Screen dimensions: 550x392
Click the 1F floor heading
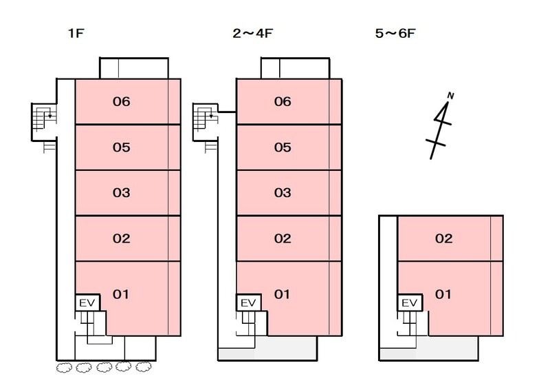click(x=76, y=33)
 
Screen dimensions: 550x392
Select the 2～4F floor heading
click(x=252, y=33)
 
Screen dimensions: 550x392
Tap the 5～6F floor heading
click(x=395, y=33)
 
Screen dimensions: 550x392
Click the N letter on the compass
click(x=451, y=96)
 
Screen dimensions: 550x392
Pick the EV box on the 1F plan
click(x=87, y=302)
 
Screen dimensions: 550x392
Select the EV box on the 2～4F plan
click(x=249, y=302)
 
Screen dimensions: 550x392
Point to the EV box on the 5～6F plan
click(x=409, y=302)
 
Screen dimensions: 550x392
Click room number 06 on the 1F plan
click(x=122, y=101)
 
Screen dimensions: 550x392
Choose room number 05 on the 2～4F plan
click(x=283, y=147)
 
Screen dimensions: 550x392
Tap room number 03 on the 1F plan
click(x=122, y=193)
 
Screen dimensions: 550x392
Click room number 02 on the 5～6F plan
click(x=443, y=239)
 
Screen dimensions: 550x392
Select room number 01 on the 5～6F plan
click(x=443, y=294)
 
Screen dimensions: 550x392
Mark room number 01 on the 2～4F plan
click(x=282, y=294)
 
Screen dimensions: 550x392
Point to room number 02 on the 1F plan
click(x=122, y=239)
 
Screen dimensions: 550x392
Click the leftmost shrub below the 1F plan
click(x=64, y=368)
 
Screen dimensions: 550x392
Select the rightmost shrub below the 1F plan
click(x=144, y=367)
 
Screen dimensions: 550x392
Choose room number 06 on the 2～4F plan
click(x=283, y=101)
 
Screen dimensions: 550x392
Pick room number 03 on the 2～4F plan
click(x=283, y=193)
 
